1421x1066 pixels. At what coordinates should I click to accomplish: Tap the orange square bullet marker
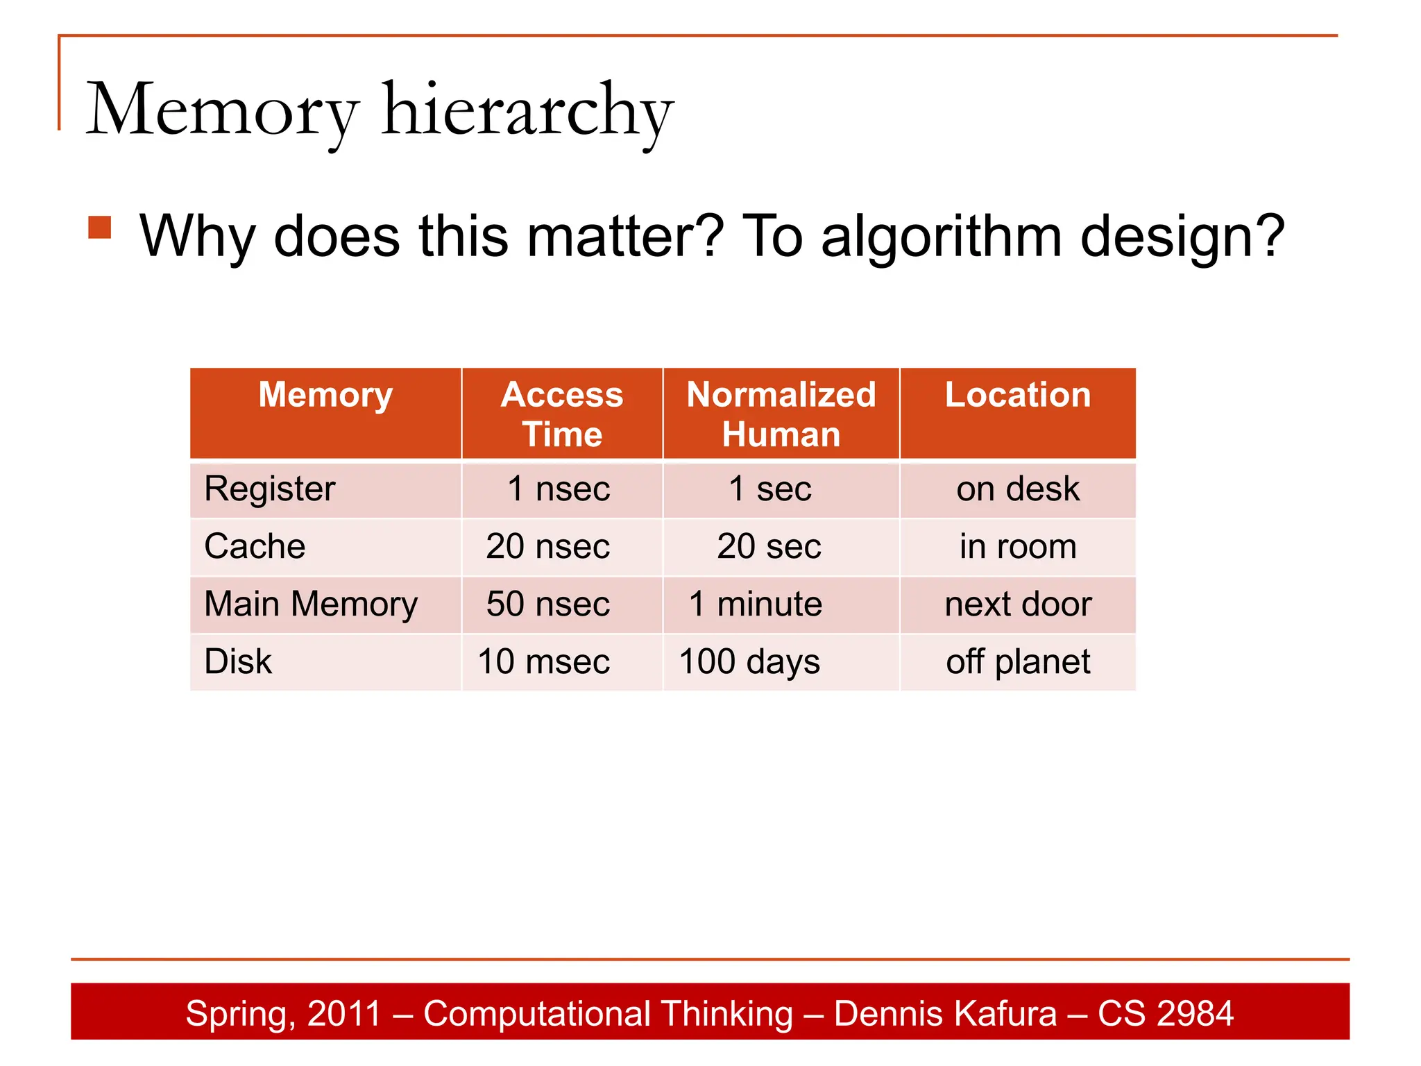pyautogui.click(x=100, y=228)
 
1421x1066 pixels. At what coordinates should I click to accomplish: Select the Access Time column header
pyautogui.click(x=562, y=414)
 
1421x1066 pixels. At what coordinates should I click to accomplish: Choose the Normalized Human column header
pyautogui.click(x=781, y=414)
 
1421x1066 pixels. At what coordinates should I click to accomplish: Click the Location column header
pyautogui.click(x=1018, y=395)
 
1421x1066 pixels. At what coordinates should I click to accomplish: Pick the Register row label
pyautogui.click(x=270, y=489)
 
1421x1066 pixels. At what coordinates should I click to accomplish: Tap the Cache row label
pyautogui.click(x=255, y=546)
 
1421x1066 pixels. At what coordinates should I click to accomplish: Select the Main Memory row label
pyautogui.click(x=311, y=604)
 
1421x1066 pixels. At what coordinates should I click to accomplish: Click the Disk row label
pyautogui.click(x=238, y=661)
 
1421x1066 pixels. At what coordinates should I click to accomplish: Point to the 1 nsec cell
pyautogui.click(x=559, y=489)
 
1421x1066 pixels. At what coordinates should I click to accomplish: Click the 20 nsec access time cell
pyautogui.click(x=548, y=546)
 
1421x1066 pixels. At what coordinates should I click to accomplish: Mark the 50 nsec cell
pyautogui.click(x=548, y=604)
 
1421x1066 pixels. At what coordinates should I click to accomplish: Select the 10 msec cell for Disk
pyautogui.click(x=544, y=661)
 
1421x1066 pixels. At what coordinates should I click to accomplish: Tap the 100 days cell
pyautogui.click(x=749, y=661)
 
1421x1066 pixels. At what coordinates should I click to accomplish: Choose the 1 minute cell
pyautogui.click(x=756, y=604)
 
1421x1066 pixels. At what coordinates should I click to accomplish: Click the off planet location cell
pyautogui.click(x=1018, y=661)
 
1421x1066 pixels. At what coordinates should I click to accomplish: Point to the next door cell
pyautogui.click(x=1018, y=604)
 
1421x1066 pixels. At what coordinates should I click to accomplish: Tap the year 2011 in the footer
pyautogui.click(x=344, y=1013)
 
